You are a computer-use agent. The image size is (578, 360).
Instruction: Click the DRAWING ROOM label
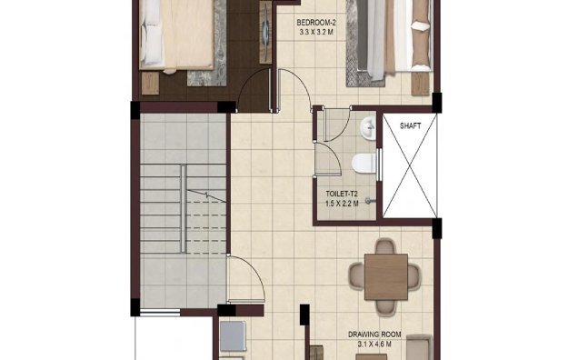pyautogui.click(x=374, y=334)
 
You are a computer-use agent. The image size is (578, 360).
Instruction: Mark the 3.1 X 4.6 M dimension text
pyautogui.click(x=374, y=345)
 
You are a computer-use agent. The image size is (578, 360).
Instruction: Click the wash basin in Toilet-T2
pyautogui.click(x=368, y=128)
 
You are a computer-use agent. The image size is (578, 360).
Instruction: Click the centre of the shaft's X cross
pyautogui.click(x=405, y=165)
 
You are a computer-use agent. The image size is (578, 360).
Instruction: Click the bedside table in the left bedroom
pyautogui.click(x=150, y=83)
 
